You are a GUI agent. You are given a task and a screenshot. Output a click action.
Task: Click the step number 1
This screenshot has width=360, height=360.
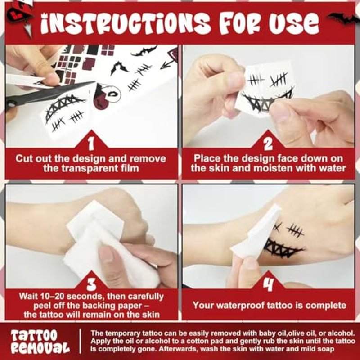pos(91,144)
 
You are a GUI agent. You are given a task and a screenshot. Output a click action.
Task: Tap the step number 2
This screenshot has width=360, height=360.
pos(268,144)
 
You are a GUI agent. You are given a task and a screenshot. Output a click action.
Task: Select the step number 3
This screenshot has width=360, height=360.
pos(91,285)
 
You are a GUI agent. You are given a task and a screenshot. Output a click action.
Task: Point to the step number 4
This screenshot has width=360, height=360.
pos(268,285)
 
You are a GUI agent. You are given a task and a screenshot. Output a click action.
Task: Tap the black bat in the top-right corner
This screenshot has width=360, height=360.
pos(343,18)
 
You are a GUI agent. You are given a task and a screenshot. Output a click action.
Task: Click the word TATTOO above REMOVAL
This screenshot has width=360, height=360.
pos(34,335)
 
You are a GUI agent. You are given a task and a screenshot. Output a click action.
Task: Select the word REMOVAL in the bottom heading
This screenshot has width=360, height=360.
pos(40,347)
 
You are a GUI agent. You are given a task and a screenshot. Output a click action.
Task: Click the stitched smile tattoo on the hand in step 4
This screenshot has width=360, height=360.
pos(283,248)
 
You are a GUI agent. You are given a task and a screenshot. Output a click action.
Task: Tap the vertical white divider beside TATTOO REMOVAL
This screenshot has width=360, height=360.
pos(80,341)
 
